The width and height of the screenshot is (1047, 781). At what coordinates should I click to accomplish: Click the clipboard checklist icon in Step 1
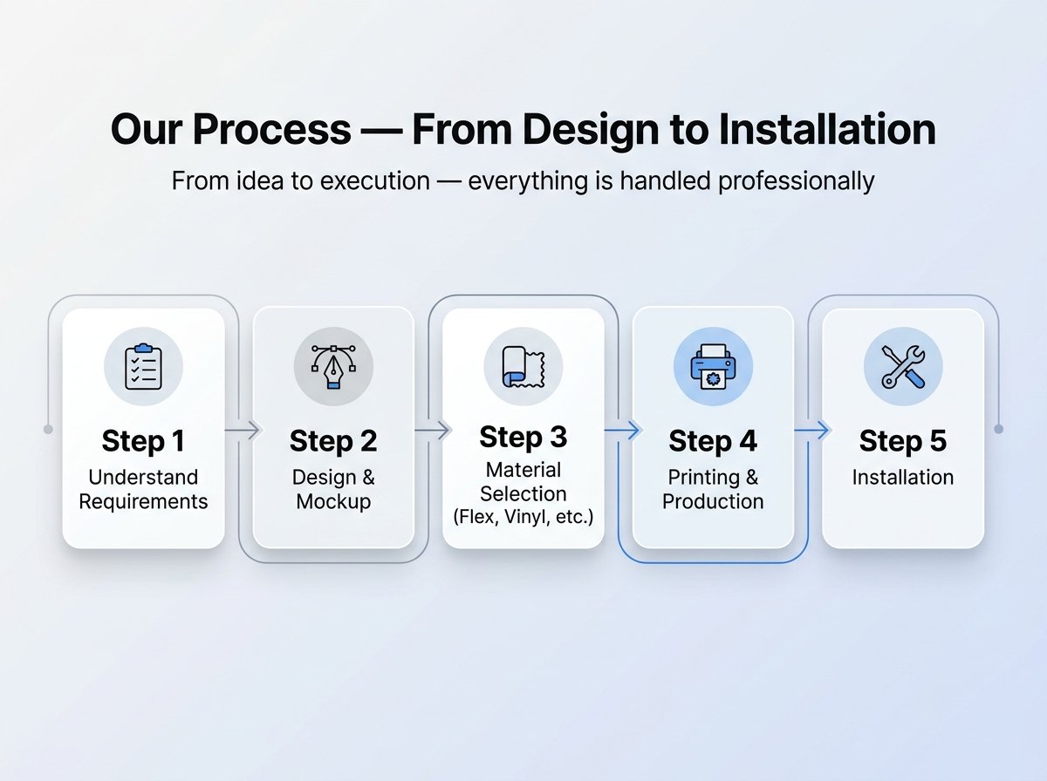(x=143, y=366)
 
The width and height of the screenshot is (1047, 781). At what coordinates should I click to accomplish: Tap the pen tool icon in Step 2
(x=333, y=366)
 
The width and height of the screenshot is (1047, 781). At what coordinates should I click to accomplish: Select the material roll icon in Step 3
(x=523, y=366)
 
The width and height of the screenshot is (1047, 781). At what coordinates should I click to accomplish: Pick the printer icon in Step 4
(x=713, y=366)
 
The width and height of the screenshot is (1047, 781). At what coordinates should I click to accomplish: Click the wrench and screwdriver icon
(x=903, y=366)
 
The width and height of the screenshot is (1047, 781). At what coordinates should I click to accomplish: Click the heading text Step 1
(x=143, y=441)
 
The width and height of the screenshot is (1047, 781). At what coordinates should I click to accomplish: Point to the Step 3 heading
(x=523, y=437)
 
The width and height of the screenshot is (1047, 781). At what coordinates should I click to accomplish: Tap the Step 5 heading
(x=903, y=441)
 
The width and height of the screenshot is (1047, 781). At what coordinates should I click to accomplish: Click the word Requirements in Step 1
(x=143, y=502)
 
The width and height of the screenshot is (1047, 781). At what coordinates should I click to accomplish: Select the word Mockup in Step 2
(x=333, y=502)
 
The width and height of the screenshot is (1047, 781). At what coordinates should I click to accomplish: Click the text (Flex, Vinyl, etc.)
(x=523, y=517)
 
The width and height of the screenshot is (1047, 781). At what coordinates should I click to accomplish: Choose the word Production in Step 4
(x=713, y=502)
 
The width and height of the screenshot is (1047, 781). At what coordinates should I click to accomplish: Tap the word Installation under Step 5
(x=903, y=478)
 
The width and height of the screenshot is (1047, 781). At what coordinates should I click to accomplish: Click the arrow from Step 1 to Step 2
(x=243, y=430)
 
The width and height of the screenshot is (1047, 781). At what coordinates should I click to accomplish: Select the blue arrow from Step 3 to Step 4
(x=622, y=431)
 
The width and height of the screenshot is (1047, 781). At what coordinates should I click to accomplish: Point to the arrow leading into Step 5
(x=811, y=431)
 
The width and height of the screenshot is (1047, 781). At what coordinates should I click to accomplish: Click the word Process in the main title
(x=272, y=130)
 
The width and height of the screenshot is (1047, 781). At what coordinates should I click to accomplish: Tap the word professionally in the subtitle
(x=796, y=181)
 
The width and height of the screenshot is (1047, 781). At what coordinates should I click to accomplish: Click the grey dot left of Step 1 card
(x=48, y=430)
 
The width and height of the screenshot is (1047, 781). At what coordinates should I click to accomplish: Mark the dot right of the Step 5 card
(x=998, y=430)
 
